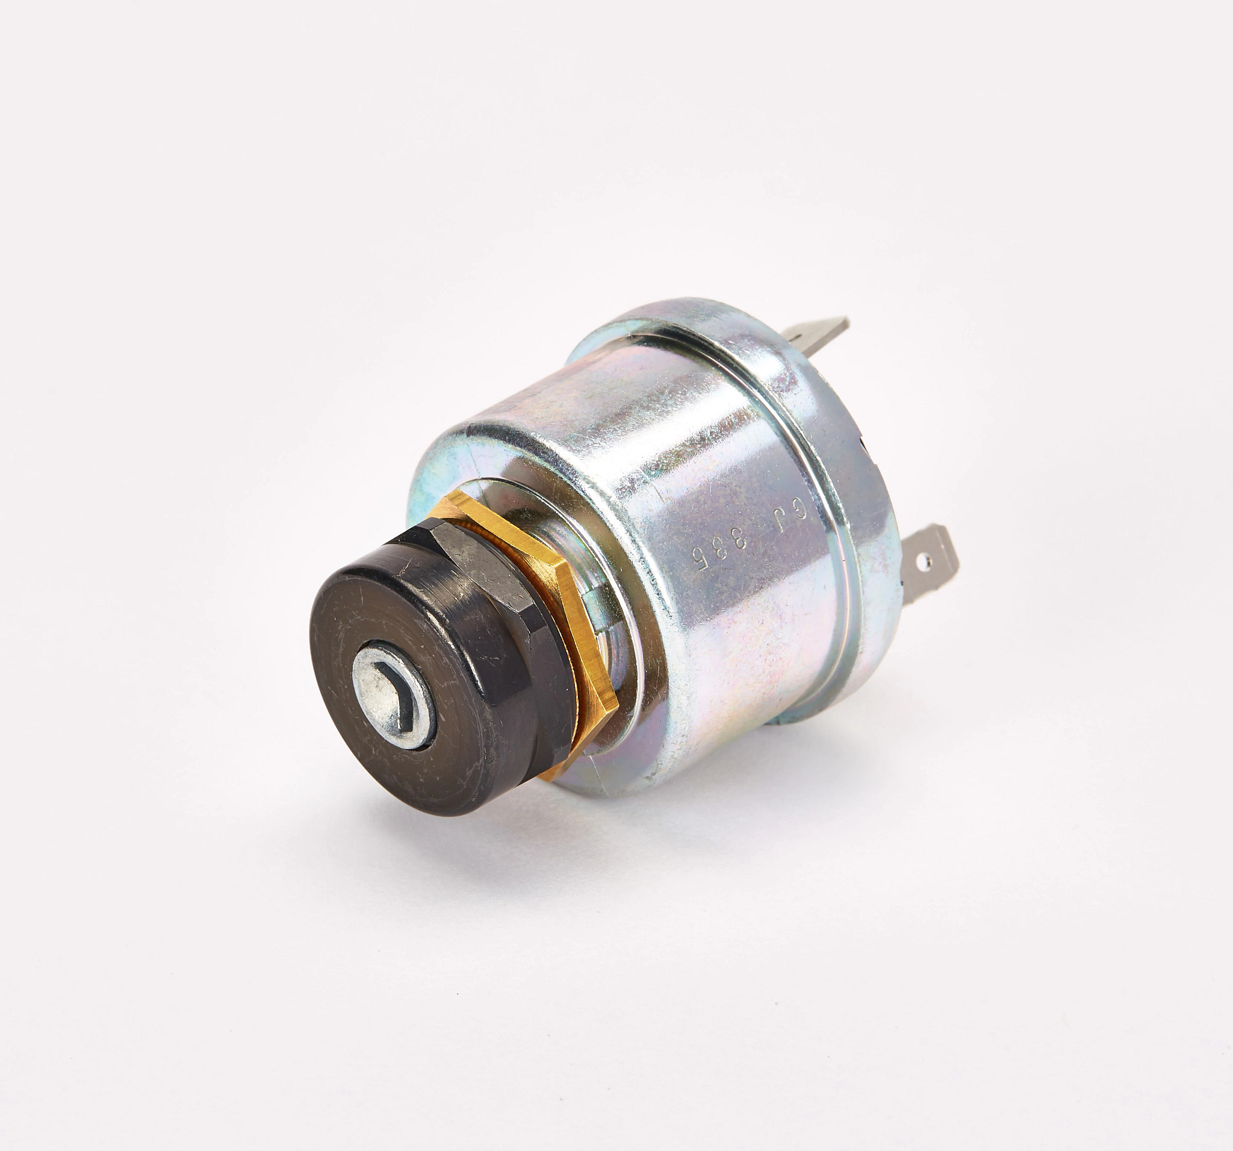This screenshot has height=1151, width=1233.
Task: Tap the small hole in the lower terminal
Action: (x=928, y=563)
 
